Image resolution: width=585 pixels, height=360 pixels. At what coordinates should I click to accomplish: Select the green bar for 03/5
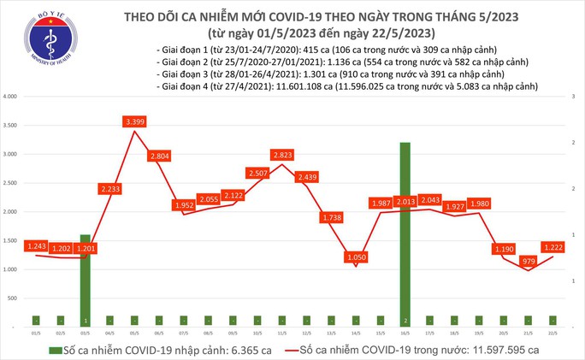[86, 278]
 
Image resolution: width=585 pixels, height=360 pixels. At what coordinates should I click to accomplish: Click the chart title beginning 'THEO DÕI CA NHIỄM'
[316, 16]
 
